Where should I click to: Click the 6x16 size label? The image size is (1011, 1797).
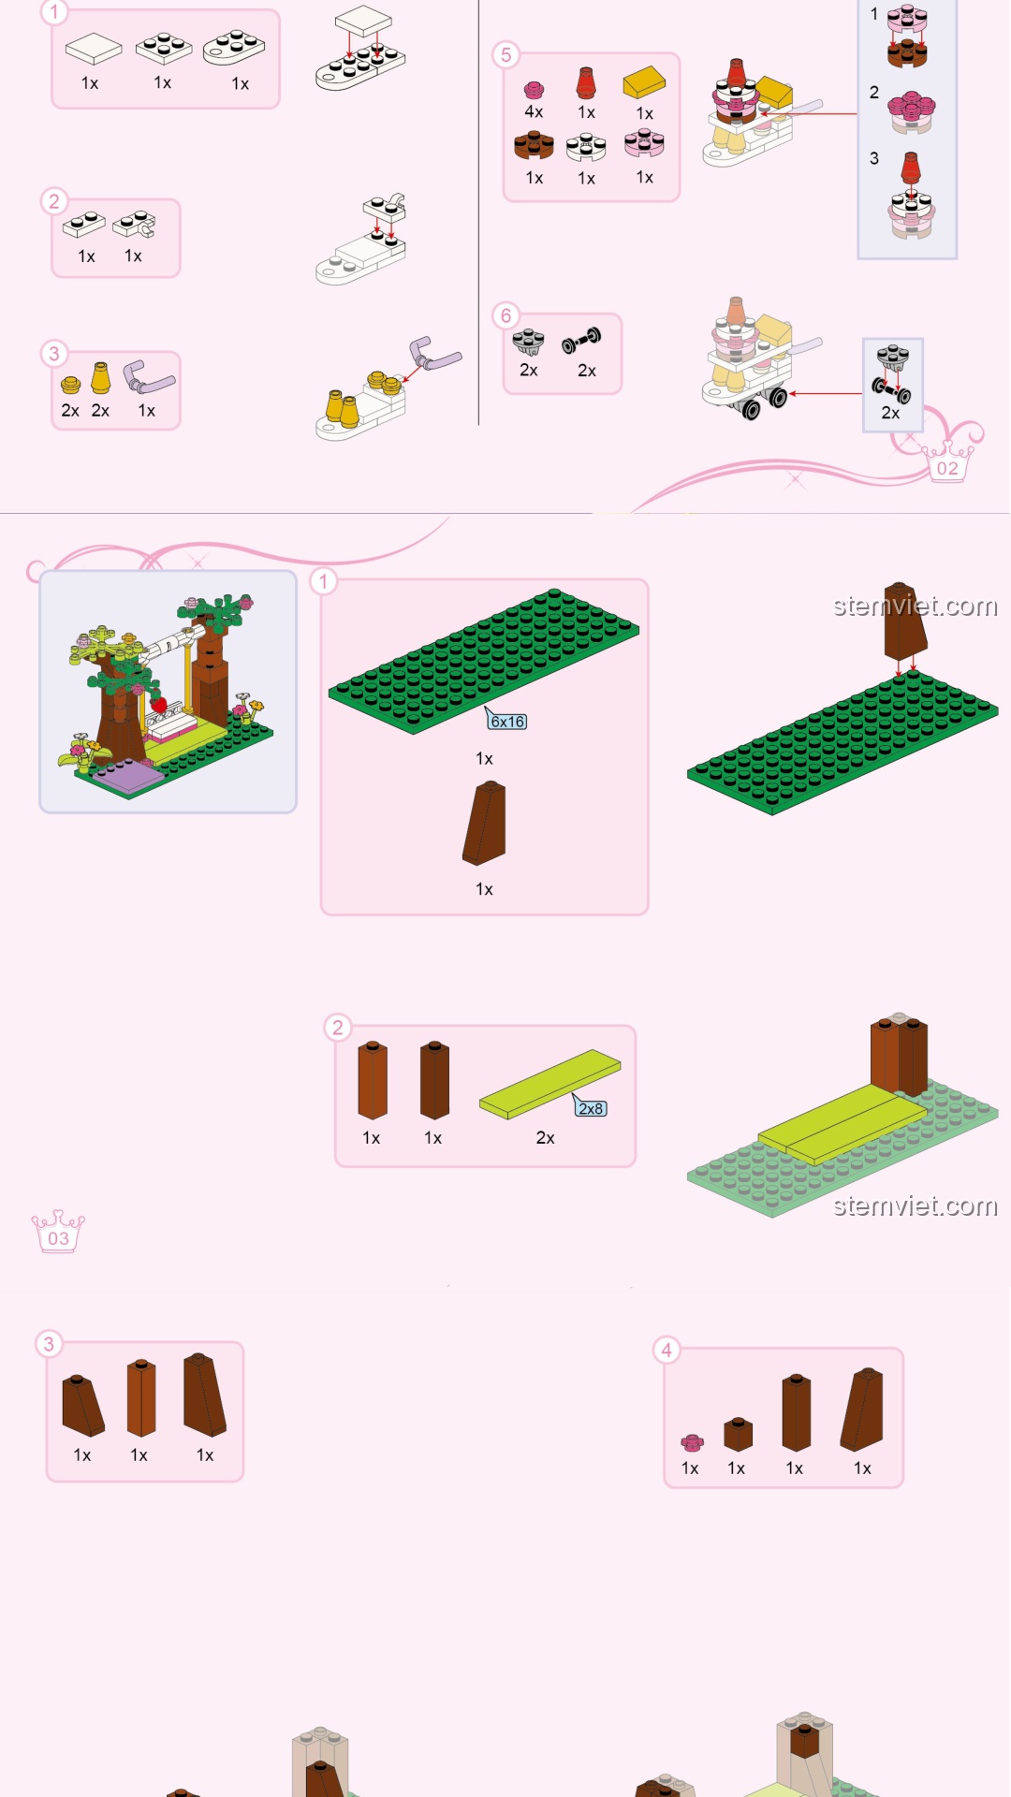507,722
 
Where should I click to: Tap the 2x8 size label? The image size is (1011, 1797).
591,1108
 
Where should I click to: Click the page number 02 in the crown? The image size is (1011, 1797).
947,468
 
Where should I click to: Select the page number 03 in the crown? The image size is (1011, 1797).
58,1238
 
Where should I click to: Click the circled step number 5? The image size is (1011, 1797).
506,54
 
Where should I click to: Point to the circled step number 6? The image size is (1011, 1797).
506,315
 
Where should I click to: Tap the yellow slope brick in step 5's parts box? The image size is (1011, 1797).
644,82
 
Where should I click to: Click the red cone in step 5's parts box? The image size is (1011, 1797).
586,83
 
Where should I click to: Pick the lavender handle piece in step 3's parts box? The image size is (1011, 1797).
148,377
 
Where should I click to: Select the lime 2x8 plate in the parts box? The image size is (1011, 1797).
549,1084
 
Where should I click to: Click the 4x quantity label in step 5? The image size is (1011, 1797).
534,112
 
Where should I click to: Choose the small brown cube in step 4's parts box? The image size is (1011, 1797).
738,1434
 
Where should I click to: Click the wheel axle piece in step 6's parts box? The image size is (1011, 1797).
581,341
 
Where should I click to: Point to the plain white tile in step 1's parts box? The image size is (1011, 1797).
94,49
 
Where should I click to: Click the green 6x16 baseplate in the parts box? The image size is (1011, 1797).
484,661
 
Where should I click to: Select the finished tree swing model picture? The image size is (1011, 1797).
168,692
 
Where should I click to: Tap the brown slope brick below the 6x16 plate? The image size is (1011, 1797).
485,823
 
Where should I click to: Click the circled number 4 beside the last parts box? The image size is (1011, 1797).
667,1350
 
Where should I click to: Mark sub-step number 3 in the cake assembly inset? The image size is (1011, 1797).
874,158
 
